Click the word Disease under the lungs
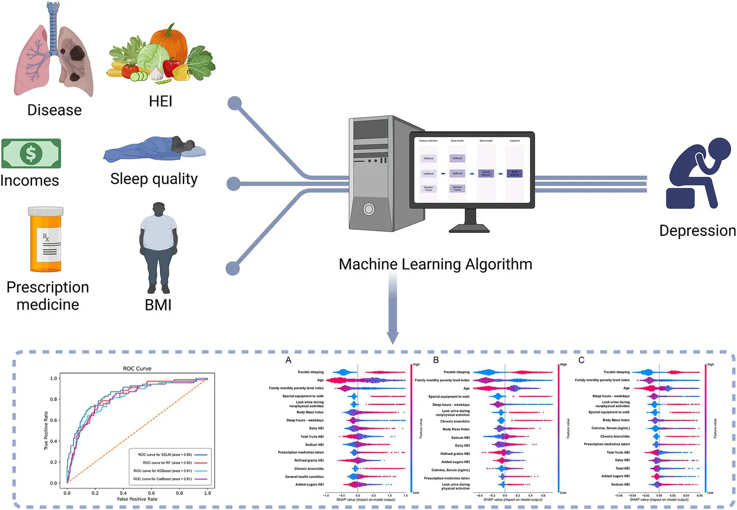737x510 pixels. [54, 110]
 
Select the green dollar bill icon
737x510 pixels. [31, 154]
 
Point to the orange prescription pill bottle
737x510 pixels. [46, 240]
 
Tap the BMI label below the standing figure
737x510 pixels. [158, 305]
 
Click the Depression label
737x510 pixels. [697, 231]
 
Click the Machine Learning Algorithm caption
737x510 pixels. [435, 264]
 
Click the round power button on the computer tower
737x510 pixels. [369, 209]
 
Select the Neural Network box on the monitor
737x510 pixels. [486, 173]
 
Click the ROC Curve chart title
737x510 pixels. [137, 369]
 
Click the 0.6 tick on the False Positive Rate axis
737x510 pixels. [151, 493]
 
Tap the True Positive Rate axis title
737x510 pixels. [46, 430]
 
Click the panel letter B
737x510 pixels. [436, 360]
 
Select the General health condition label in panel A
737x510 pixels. [304, 477]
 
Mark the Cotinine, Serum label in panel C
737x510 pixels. [610, 428]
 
